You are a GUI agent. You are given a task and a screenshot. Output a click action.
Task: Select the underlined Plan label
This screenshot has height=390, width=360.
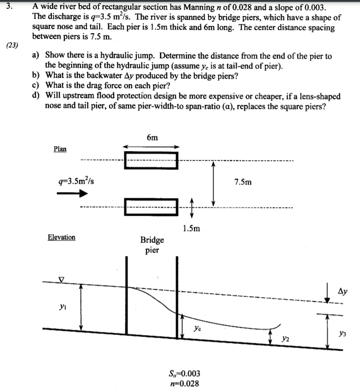pyautogui.click(x=60, y=149)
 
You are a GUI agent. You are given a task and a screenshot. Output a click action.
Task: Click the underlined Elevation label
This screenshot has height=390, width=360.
pyautogui.click(x=61, y=237)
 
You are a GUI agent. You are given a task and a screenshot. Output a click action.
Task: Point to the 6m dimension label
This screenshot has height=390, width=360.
pyautogui.click(x=152, y=137)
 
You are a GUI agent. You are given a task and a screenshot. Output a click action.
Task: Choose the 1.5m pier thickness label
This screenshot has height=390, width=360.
pyautogui.click(x=191, y=228)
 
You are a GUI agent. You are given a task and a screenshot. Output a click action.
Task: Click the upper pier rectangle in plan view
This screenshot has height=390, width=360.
pyautogui.click(x=151, y=160)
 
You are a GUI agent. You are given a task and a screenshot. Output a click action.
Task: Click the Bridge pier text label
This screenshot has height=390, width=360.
pyautogui.click(x=152, y=245)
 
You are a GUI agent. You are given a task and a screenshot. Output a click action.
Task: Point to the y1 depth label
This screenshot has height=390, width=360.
pyautogui.click(x=61, y=305)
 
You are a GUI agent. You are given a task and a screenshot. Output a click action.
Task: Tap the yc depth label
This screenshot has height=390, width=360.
pyautogui.click(x=198, y=329)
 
